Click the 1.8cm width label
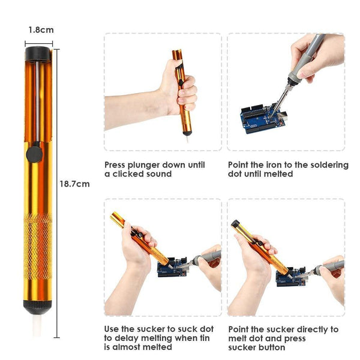40,29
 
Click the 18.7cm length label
75,184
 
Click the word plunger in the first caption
150,164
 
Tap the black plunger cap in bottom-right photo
236,224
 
